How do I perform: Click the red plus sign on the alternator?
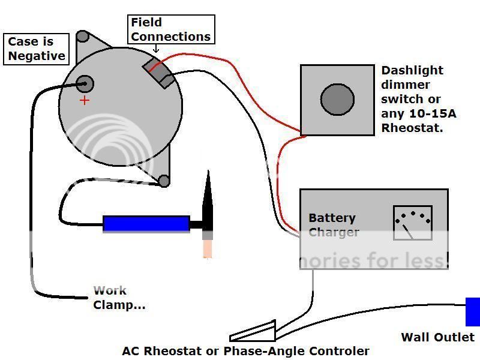(85, 100)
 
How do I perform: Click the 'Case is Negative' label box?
(36, 49)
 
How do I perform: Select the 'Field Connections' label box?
(171, 29)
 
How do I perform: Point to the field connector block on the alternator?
(158, 73)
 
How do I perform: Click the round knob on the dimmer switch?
(337, 100)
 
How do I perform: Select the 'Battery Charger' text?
(333, 225)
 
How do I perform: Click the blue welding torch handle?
(146, 224)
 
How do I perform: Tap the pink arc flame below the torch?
(208, 247)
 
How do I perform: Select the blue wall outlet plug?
(473, 311)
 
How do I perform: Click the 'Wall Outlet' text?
(437, 337)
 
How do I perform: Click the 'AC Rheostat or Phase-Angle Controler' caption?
(245, 351)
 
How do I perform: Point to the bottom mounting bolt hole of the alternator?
(163, 180)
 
